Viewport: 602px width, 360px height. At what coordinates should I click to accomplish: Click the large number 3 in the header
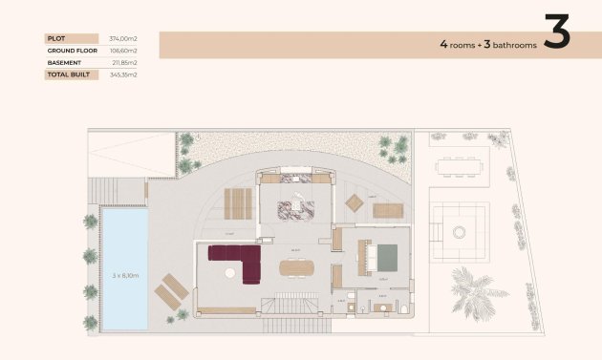pos(556,32)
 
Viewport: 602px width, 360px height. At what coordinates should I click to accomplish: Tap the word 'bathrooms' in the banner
pos(510,45)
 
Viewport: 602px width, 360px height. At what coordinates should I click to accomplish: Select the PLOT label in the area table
pos(55,38)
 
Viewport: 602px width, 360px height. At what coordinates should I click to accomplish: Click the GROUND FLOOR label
pos(68,51)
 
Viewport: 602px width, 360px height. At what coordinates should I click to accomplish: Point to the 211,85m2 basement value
pos(124,62)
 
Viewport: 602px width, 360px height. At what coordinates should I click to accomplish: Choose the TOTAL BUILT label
pos(67,74)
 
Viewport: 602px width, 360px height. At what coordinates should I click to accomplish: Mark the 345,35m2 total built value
pos(124,74)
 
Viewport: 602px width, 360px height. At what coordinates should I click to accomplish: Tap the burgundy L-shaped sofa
pos(238,259)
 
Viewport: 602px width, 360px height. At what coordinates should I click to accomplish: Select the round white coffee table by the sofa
pos(230,273)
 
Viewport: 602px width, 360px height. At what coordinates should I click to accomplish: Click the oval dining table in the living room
pos(295,268)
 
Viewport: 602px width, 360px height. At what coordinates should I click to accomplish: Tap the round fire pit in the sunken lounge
pos(459,230)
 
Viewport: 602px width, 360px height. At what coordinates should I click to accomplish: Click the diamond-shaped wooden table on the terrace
pos(355,201)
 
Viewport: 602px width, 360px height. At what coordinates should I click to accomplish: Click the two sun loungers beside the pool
pos(171,289)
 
